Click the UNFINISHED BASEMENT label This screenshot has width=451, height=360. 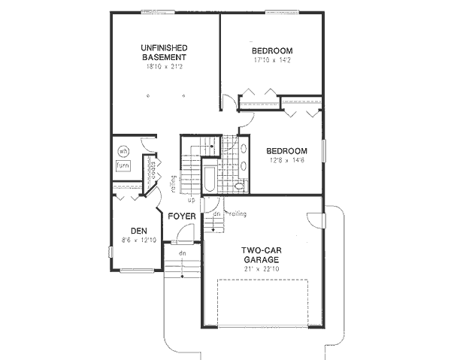[x=163, y=53]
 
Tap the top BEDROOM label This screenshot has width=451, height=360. [x=271, y=51]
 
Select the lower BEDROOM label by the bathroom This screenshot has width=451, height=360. [x=286, y=150]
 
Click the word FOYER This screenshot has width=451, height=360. [x=182, y=216]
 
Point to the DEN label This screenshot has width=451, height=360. [x=138, y=231]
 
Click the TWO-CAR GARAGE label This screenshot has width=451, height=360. [x=261, y=255]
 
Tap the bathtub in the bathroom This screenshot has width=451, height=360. [x=210, y=177]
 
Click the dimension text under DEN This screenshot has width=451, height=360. [x=138, y=241]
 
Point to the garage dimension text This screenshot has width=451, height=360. [x=261, y=268]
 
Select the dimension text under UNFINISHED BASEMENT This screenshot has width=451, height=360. [x=163, y=66]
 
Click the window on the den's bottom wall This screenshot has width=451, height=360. [x=136, y=270]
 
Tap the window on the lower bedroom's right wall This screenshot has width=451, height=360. [x=323, y=150]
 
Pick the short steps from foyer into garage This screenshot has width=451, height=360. [x=217, y=222]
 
